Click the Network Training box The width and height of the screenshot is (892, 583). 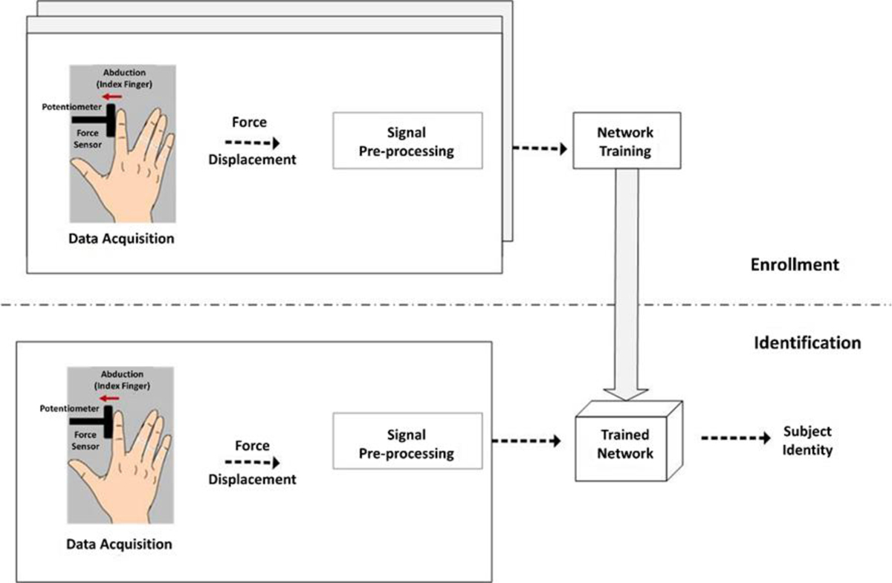(x=624, y=141)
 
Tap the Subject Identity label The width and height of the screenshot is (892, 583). (x=807, y=440)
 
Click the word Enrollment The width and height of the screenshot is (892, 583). (x=795, y=264)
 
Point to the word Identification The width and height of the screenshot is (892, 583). (x=807, y=342)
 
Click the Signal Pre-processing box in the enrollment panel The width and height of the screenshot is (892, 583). (x=408, y=141)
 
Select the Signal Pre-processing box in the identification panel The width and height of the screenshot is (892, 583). (x=408, y=443)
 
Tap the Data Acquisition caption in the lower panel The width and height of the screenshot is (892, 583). (x=120, y=544)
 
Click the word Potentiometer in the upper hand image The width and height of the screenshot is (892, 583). (x=72, y=107)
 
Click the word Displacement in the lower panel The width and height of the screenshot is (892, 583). (x=252, y=479)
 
